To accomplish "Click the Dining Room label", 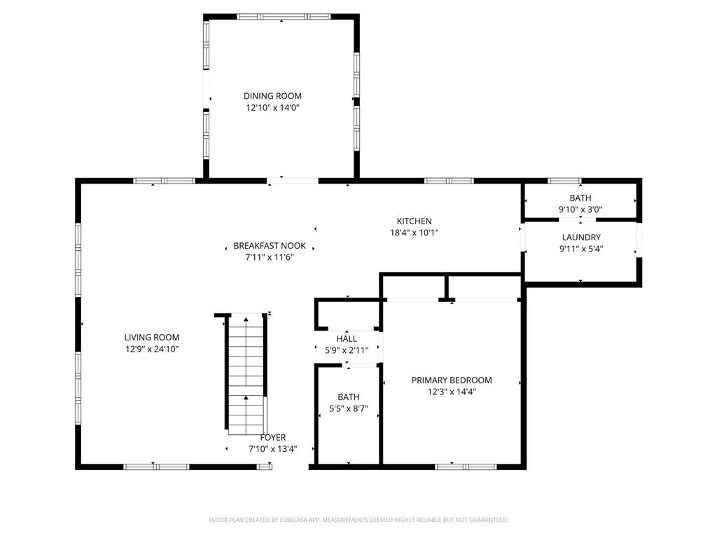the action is (272, 96).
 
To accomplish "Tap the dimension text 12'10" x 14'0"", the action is (272, 108).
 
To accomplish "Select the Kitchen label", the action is (415, 221).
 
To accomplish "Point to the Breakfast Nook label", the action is (270, 246).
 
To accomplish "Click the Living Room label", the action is (152, 338).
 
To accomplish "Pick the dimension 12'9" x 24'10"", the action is (152, 349).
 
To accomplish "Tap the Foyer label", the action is (273, 437).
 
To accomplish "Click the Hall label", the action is (347, 339).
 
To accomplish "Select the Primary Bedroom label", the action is (452, 380).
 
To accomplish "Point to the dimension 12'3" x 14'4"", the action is (452, 392).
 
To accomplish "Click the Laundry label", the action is (581, 237).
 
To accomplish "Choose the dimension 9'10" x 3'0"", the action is (580, 209).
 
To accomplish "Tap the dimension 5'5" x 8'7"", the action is (349, 408).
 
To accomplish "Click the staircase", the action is (246, 374).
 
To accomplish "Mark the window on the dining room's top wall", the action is (284, 17).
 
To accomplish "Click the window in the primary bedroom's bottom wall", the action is (466, 467).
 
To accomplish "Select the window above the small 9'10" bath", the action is (564, 181).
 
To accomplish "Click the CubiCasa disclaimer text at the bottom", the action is (358, 520).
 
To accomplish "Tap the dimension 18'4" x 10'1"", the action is (415, 233).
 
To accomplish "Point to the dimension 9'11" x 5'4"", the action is (581, 249).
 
